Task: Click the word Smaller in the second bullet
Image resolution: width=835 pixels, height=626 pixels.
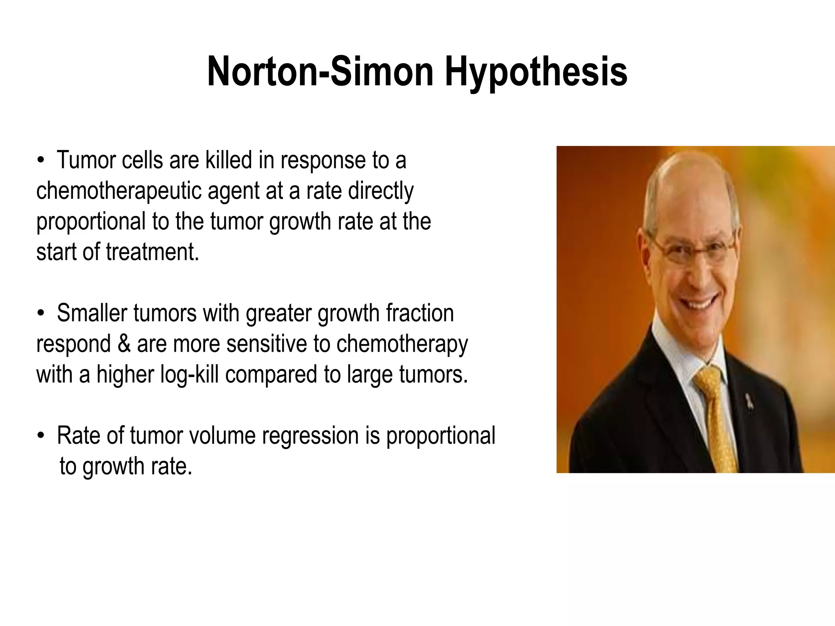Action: (x=92, y=313)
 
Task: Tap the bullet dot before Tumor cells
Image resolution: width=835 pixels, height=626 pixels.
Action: (x=40, y=160)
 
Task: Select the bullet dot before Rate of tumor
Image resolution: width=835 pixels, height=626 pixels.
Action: (x=40, y=436)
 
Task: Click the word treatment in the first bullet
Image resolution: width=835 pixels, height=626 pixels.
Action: (x=152, y=251)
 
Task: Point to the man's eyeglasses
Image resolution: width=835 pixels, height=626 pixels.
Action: (x=693, y=249)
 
